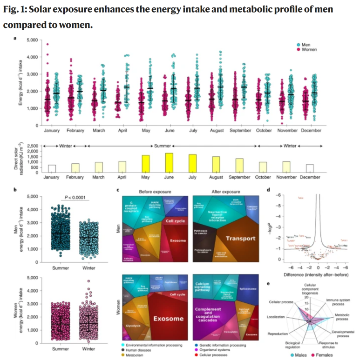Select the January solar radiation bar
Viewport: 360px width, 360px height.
52,168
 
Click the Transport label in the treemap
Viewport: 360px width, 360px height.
240,238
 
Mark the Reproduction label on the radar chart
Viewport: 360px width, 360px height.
278,333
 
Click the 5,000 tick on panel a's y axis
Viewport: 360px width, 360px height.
32,40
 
